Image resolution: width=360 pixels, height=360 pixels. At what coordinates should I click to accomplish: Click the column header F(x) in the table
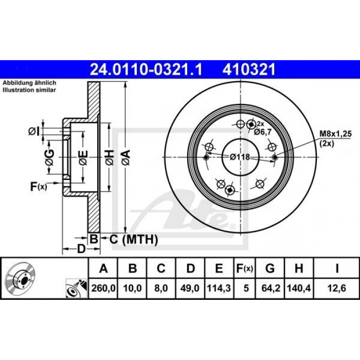(244, 269)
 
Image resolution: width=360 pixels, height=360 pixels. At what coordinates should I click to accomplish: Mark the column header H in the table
(299, 269)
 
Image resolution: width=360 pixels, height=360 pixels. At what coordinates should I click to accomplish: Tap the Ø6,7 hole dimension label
(263, 132)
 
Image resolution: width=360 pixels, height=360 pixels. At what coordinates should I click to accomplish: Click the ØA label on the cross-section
(125, 154)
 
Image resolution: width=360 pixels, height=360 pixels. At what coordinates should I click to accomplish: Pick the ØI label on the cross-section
(34, 131)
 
